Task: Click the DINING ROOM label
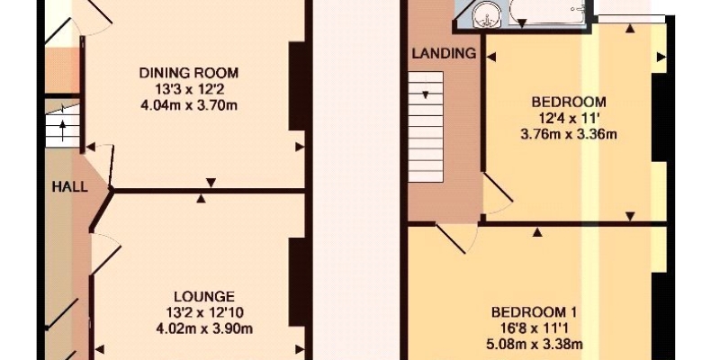click(x=189, y=73)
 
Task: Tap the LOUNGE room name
click(x=204, y=296)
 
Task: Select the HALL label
click(x=69, y=187)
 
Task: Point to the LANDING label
click(x=444, y=53)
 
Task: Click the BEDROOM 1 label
click(x=534, y=312)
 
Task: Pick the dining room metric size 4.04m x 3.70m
click(x=189, y=105)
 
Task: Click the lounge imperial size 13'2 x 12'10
click(x=205, y=312)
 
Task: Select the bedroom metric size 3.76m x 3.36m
click(x=569, y=134)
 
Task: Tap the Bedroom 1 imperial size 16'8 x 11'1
click(x=534, y=328)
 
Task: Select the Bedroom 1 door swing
click(x=458, y=238)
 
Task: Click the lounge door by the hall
click(x=105, y=254)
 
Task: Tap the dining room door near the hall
click(x=105, y=165)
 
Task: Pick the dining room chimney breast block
click(x=297, y=86)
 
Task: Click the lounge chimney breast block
click(x=297, y=283)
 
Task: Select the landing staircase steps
click(x=426, y=126)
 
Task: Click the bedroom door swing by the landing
click(x=498, y=193)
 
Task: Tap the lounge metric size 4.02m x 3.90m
click(x=205, y=328)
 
